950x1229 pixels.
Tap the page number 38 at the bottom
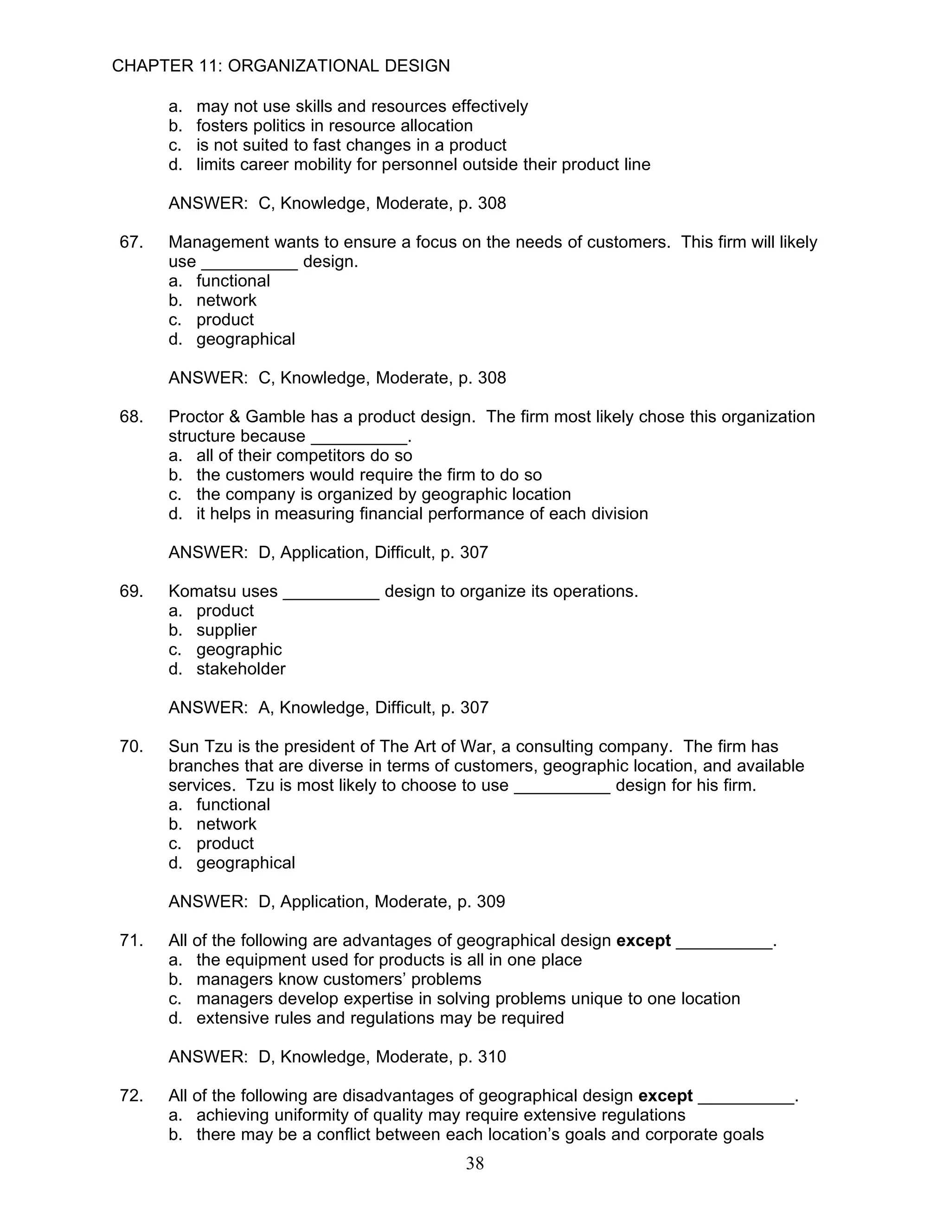coord(475,1163)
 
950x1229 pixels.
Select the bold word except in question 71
coord(643,941)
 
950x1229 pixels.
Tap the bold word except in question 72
coord(665,1095)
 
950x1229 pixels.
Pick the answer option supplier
coord(226,630)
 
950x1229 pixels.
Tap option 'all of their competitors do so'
coord(304,455)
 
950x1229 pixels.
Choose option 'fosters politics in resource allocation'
coord(334,126)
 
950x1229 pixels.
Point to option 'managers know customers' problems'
coord(339,979)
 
